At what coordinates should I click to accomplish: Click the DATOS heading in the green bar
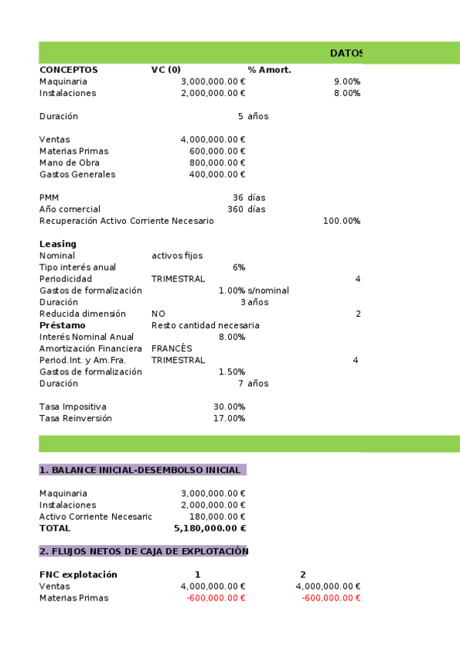click(x=346, y=53)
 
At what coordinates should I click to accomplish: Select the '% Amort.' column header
click(x=269, y=70)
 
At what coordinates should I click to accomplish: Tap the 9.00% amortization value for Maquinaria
click(x=347, y=81)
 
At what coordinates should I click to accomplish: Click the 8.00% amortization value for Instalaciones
click(x=347, y=93)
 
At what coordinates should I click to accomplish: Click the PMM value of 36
click(x=238, y=198)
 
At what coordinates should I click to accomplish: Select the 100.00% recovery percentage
click(x=342, y=221)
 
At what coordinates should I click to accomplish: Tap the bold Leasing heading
click(x=58, y=244)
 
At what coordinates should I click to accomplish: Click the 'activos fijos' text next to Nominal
click(x=177, y=255)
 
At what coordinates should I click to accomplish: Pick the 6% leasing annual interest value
click(x=238, y=267)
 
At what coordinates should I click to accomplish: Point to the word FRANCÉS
click(x=171, y=348)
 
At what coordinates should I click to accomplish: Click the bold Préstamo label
click(x=62, y=325)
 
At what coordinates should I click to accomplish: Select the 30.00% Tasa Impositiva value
click(x=229, y=406)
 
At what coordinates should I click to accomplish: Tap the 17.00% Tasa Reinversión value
click(x=229, y=418)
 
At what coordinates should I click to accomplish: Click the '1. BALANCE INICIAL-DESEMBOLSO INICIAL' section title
click(x=142, y=470)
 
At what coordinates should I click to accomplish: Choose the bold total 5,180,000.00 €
click(x=210, y=528)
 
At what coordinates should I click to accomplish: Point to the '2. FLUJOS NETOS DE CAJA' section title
click(x=144, y=551)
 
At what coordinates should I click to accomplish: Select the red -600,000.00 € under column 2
click(x=331, y=598)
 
